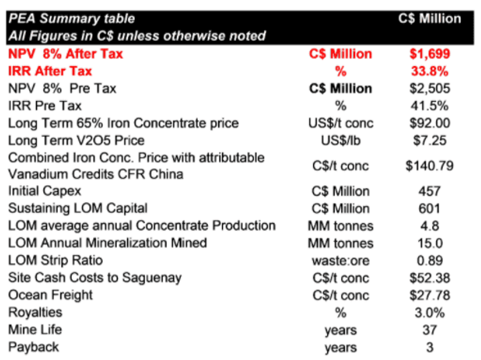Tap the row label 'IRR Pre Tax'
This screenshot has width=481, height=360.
tap(45, 106)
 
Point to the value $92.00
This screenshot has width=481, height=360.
tap(429, 123)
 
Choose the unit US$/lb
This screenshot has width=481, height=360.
tap(341, 140)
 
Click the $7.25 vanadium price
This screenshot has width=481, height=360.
tap(429, 140)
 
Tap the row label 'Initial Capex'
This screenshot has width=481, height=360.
tap(45, 191)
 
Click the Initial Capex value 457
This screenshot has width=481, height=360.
tap(429, 191)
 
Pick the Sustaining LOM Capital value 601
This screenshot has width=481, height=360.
tap(429, 208)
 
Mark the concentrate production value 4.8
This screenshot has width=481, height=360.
tap(429, 226)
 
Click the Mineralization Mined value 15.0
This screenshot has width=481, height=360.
tap(429, 243)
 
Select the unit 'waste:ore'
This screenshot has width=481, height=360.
tap(341, 260)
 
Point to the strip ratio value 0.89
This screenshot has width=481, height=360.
tap(429, 260)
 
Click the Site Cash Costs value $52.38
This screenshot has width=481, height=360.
tap(429, 277)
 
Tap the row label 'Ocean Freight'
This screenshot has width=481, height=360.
tap(50, 295)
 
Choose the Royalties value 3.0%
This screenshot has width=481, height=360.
tap(429, 312)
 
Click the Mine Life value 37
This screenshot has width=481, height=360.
tap(429, 330)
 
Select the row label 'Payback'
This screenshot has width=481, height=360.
tap(33, 347)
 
